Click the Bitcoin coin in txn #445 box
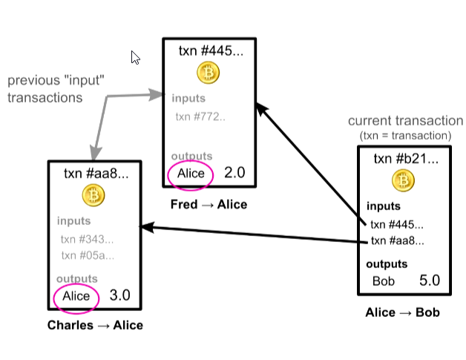coord(208,73)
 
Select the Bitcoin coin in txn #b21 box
coord(404,180)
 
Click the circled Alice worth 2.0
coord(191,174)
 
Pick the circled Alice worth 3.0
coord(76,296)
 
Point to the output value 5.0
coord(430,281)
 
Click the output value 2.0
coord(234,173)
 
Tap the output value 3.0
coord(120,295)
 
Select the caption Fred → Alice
coord(209,204)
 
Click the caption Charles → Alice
coord(95,325)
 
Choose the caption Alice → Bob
coord(403,312)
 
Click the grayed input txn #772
coord(200,116)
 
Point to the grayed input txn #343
coord(87,238)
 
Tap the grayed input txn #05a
coord(87,255)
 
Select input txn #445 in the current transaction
coord(397,224)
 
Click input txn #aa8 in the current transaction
coord(397,240)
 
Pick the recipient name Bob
coord(383,281)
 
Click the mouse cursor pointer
coord(135,57)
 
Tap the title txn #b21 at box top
coord(405,158)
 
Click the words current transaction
coord(405,121)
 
